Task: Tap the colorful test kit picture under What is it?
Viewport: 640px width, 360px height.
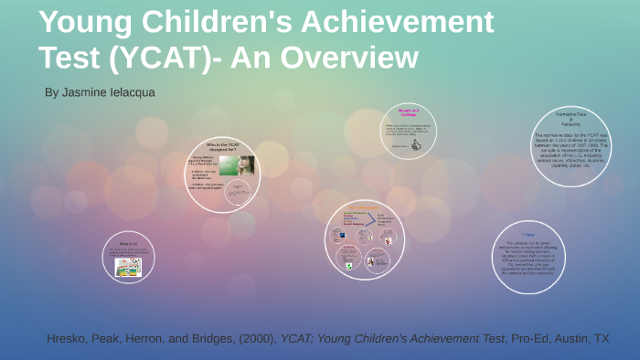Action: pyautogui.click(x=128, y=267)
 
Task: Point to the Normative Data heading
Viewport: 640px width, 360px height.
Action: pyautogui.click(x=570, y=117)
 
